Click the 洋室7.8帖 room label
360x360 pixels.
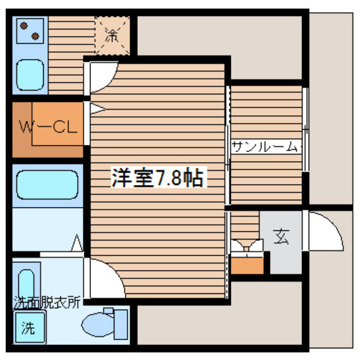click(157, 177)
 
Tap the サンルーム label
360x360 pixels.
click(265, 146)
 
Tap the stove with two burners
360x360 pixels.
click(30, 31)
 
